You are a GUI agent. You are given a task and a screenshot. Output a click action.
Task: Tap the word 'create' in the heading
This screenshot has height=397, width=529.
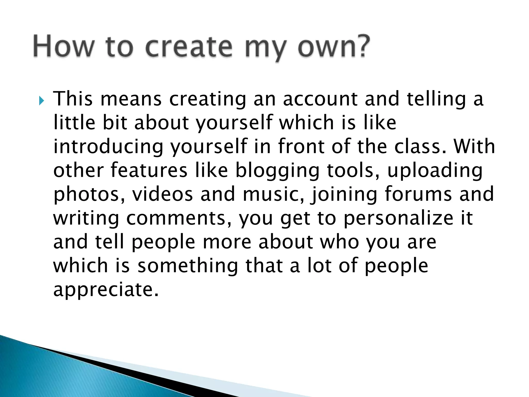189,47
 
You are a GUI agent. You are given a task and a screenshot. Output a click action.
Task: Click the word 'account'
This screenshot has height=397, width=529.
320,99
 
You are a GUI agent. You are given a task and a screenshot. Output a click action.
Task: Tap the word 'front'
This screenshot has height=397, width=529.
301,147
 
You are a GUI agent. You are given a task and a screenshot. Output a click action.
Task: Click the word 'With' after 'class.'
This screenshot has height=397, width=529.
474,147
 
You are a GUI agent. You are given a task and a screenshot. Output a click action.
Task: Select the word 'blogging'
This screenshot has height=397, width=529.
277,171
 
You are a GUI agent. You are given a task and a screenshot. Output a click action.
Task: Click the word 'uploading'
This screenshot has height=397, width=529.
435,171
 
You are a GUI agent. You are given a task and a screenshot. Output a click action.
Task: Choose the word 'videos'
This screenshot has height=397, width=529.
163,194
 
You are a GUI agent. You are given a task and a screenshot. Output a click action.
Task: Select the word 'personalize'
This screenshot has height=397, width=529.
398,218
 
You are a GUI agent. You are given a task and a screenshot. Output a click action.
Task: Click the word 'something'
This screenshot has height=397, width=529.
188,266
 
